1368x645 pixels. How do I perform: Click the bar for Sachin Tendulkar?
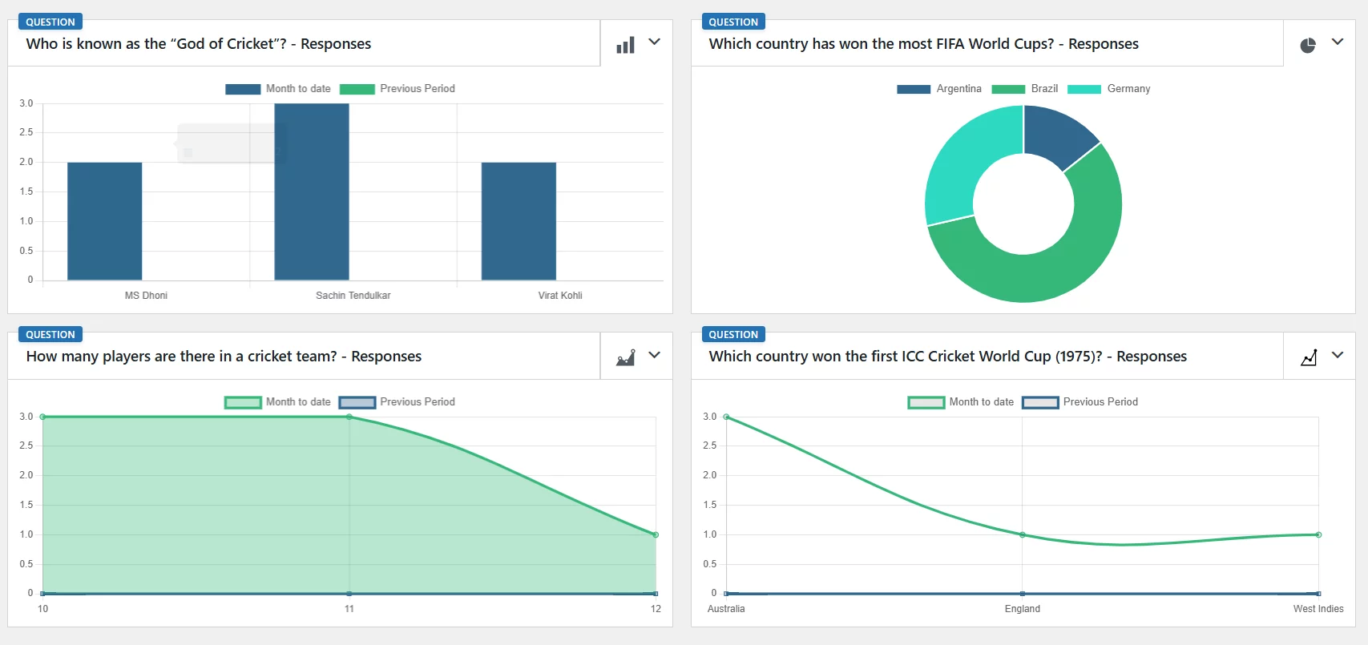312,192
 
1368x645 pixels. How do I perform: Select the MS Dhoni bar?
104,221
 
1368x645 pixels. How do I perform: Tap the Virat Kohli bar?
519,221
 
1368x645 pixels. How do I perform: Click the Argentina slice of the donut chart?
1057,135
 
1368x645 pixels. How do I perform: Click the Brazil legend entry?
1025,89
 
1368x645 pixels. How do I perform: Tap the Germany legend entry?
1109,89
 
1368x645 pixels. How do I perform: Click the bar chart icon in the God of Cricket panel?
625,45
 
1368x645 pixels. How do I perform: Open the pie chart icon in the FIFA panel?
1308,45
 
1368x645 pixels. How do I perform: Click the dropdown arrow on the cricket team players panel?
655,355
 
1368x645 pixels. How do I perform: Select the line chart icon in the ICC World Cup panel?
1309,357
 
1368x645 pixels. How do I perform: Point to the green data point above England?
1022,534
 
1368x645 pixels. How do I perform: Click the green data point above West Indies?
1318,534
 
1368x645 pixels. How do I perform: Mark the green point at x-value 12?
656,534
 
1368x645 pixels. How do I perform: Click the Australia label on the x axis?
726,609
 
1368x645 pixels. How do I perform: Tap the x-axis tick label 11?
349,609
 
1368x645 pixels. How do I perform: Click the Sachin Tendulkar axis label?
353,296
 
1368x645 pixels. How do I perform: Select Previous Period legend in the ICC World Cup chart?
1080,402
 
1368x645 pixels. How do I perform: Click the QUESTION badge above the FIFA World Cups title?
732,22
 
